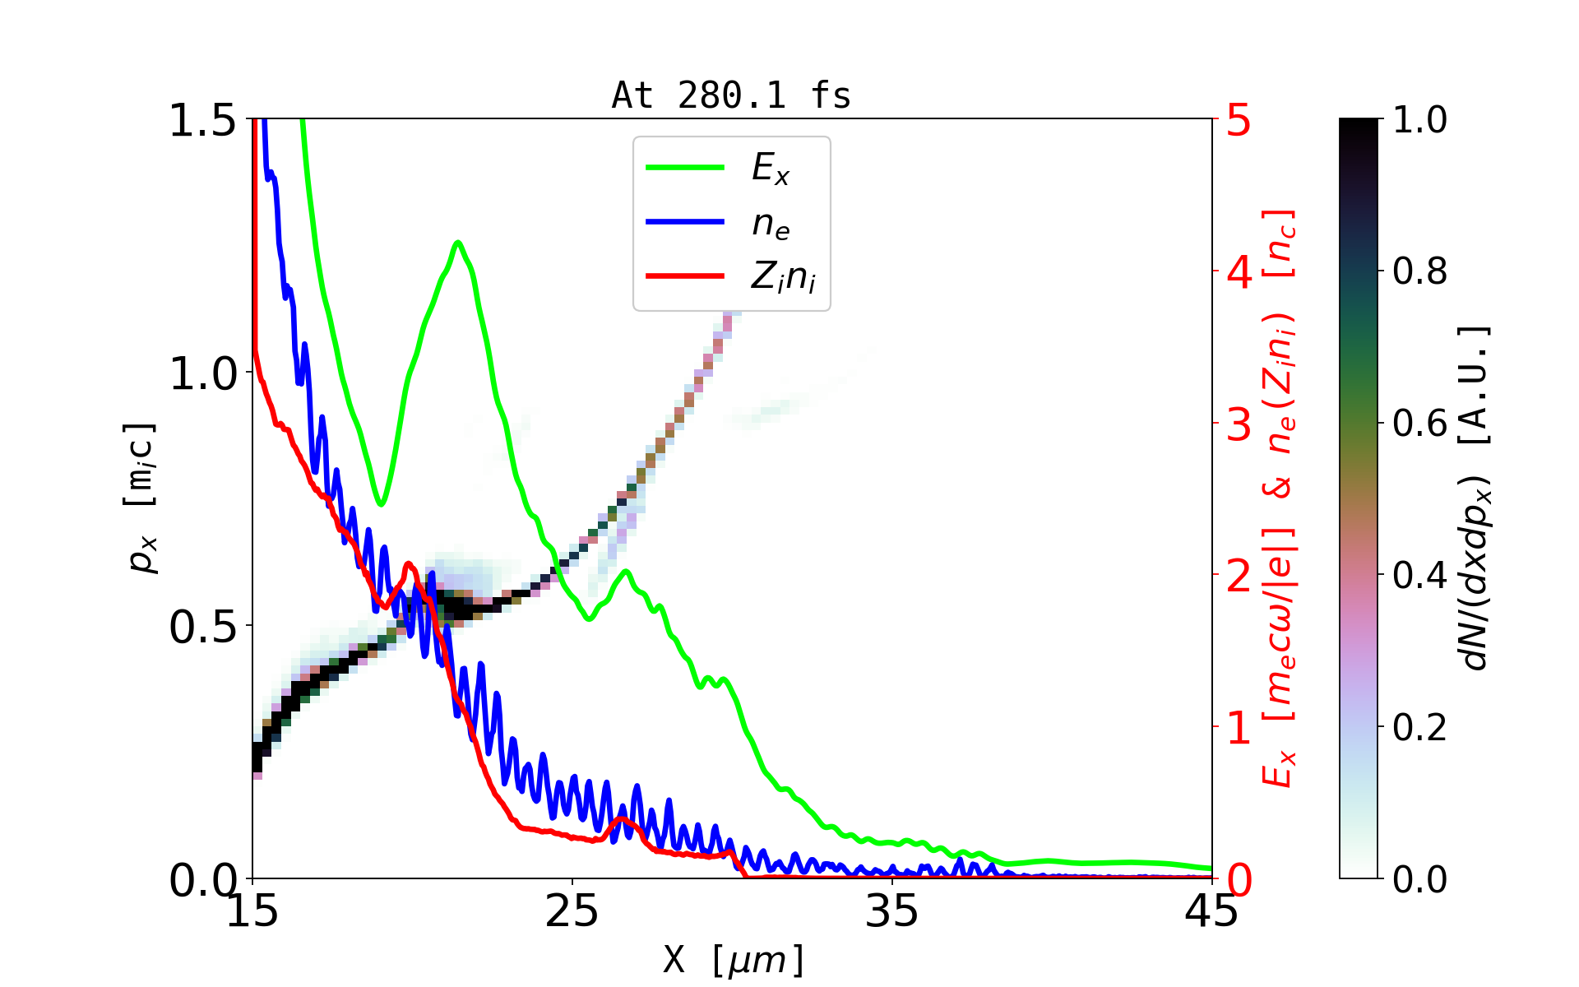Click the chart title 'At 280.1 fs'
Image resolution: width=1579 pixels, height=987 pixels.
coord(731,95)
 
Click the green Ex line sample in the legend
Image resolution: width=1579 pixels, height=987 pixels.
coord(685,168)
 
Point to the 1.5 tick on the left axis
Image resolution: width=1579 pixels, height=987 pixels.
coord(202,120)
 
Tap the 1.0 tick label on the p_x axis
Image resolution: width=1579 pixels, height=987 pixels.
coord(202,374)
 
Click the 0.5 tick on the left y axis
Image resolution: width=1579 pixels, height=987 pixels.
coord(202,628)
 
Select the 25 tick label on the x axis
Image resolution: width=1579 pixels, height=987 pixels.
coord(572,911)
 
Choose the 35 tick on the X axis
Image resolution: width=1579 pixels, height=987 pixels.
coord(892,911)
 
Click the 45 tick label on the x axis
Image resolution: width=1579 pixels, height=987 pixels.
coord(1211,911)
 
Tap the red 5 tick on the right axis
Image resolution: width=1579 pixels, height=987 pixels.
coord(1239,120)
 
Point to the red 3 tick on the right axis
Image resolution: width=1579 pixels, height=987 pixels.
coord(1239,424)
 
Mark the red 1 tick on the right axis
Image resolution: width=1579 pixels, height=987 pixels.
coord(1239,728)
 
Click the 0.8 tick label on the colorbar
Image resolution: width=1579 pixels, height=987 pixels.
coord(1419,271)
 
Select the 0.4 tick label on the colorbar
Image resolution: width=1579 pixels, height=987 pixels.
coord(1419,576)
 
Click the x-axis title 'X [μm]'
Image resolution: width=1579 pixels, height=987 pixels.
coord(733,959)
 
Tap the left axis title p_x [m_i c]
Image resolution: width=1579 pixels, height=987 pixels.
coord(141,498)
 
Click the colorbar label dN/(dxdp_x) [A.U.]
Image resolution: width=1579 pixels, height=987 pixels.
coord(1477,498)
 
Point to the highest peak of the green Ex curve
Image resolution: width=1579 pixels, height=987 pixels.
coord(458,242)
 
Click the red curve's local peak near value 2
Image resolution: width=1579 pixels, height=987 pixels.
coord(409,564)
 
